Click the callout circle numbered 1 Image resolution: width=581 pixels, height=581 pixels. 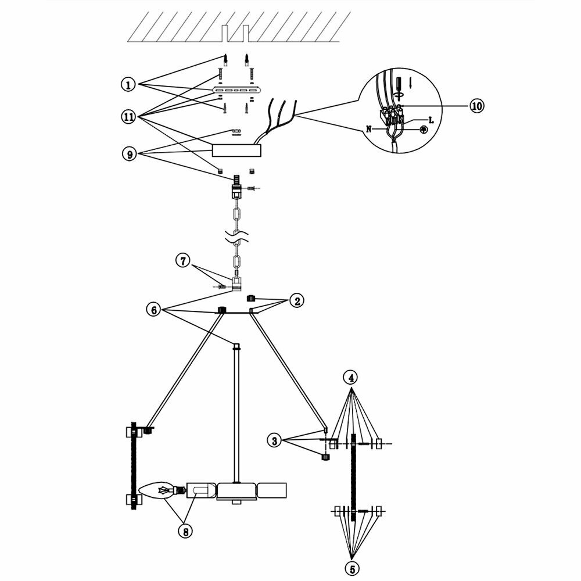(x=128, y=84)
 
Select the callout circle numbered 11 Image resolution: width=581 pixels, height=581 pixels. (x=128, y=117)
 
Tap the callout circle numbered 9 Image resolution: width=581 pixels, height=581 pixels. (x=128, y=154)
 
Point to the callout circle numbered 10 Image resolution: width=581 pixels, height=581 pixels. (x=477, y=106)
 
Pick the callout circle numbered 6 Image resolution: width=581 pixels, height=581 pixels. (x=153, y=309)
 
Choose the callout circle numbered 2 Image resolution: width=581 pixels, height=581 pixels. (x=297, y=300)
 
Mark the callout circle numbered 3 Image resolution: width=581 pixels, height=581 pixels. (x=275, y=440)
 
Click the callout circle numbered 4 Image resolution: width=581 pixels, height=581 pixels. (x=351, y=378)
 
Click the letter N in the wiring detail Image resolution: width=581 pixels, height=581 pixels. (x=369, y=129)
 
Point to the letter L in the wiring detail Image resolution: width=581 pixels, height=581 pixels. (x=430, y=120)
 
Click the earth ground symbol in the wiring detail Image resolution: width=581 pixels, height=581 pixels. (x=424, y=130)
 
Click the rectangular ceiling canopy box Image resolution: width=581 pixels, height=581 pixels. (x=237, y=150)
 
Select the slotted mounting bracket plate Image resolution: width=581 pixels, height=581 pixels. (x=238, y=90)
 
